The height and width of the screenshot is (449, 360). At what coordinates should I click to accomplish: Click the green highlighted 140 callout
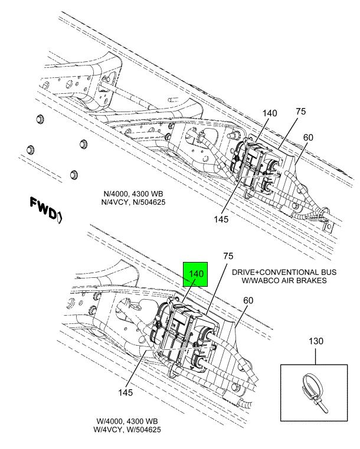(x=196, y=274)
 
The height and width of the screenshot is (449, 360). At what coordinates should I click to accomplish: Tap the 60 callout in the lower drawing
(x=247, y=300)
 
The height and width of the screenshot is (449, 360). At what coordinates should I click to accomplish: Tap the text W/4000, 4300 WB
(x=126, y=422)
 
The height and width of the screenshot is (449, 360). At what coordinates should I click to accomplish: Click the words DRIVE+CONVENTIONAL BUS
(x=284, y=273)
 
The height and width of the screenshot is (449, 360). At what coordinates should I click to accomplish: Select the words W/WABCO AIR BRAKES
(x=284, y=281)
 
